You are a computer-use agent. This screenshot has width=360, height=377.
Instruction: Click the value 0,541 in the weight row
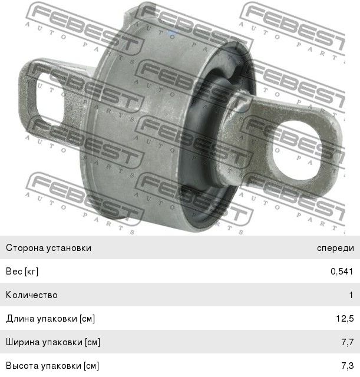tap(342, 272)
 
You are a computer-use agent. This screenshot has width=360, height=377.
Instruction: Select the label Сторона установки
tap(48, 248)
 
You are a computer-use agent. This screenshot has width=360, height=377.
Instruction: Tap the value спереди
tap(335, 249)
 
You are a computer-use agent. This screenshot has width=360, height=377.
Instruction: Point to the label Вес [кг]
tap(22, 272)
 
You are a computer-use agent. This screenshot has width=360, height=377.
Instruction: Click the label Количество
tap(32, 295)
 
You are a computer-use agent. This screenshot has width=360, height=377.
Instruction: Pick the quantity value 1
tap(351, 295)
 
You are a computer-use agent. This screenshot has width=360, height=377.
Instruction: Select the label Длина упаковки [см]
tap(51, 319)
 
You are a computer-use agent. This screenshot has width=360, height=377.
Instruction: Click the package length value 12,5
tap(345, 319)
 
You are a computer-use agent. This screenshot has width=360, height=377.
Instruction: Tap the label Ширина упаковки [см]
tap(53, 342)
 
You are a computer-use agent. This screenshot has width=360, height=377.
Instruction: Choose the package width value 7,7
tap(348, 342)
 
